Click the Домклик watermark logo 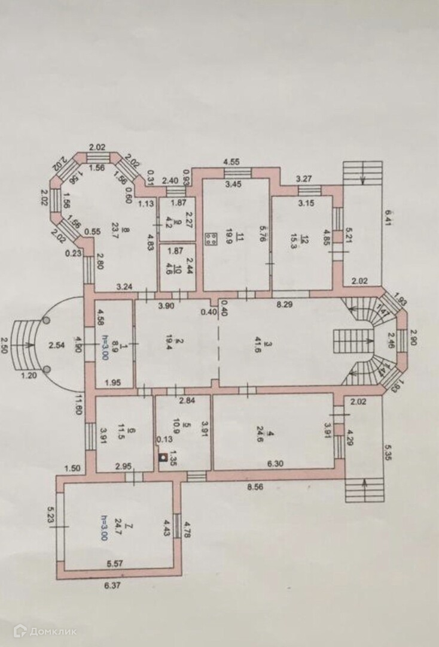44,631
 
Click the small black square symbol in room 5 162,458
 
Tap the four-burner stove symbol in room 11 211,240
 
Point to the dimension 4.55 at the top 232,162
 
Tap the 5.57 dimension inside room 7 114,564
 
